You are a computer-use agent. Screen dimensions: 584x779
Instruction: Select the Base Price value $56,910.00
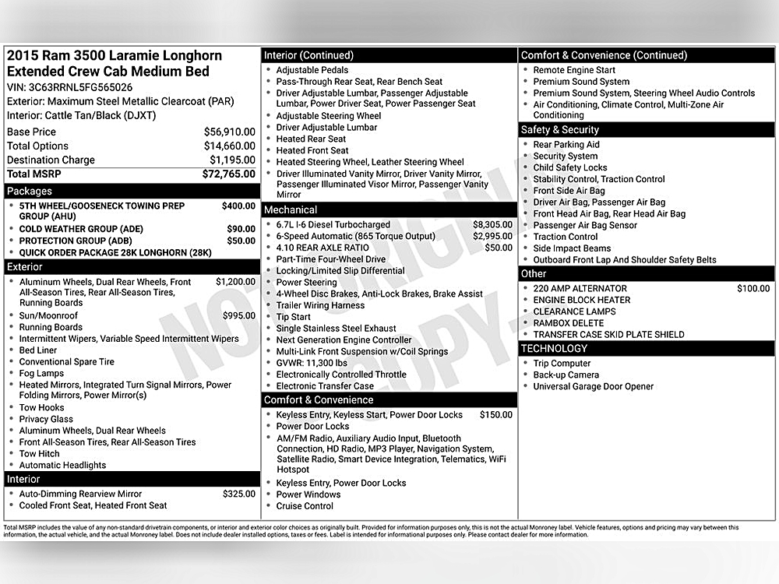point(229,132)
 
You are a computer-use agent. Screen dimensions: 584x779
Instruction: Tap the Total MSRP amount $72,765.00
point(228,174)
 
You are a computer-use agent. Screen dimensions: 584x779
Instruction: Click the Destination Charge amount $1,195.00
point(232,160)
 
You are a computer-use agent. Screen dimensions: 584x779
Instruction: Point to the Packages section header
point(30,191)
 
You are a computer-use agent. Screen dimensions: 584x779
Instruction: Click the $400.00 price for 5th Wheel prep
point(238,206)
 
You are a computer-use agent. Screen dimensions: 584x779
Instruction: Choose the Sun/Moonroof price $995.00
point(238,315)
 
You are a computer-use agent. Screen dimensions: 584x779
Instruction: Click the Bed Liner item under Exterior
point(38,350)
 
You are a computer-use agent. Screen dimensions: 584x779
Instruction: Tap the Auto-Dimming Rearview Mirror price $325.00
point(238,494)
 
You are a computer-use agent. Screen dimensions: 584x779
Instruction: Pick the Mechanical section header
point(291,209)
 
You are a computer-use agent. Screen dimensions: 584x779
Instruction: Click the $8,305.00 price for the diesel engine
point(492,224)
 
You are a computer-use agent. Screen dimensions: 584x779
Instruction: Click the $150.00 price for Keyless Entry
point(495,415)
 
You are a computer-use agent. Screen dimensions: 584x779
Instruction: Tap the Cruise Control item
point(305,506)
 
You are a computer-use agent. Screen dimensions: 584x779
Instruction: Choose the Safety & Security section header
point(559,130)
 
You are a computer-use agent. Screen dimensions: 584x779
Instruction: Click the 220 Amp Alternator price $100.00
point(753,288)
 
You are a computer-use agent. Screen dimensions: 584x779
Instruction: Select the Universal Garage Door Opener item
point(593,386)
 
